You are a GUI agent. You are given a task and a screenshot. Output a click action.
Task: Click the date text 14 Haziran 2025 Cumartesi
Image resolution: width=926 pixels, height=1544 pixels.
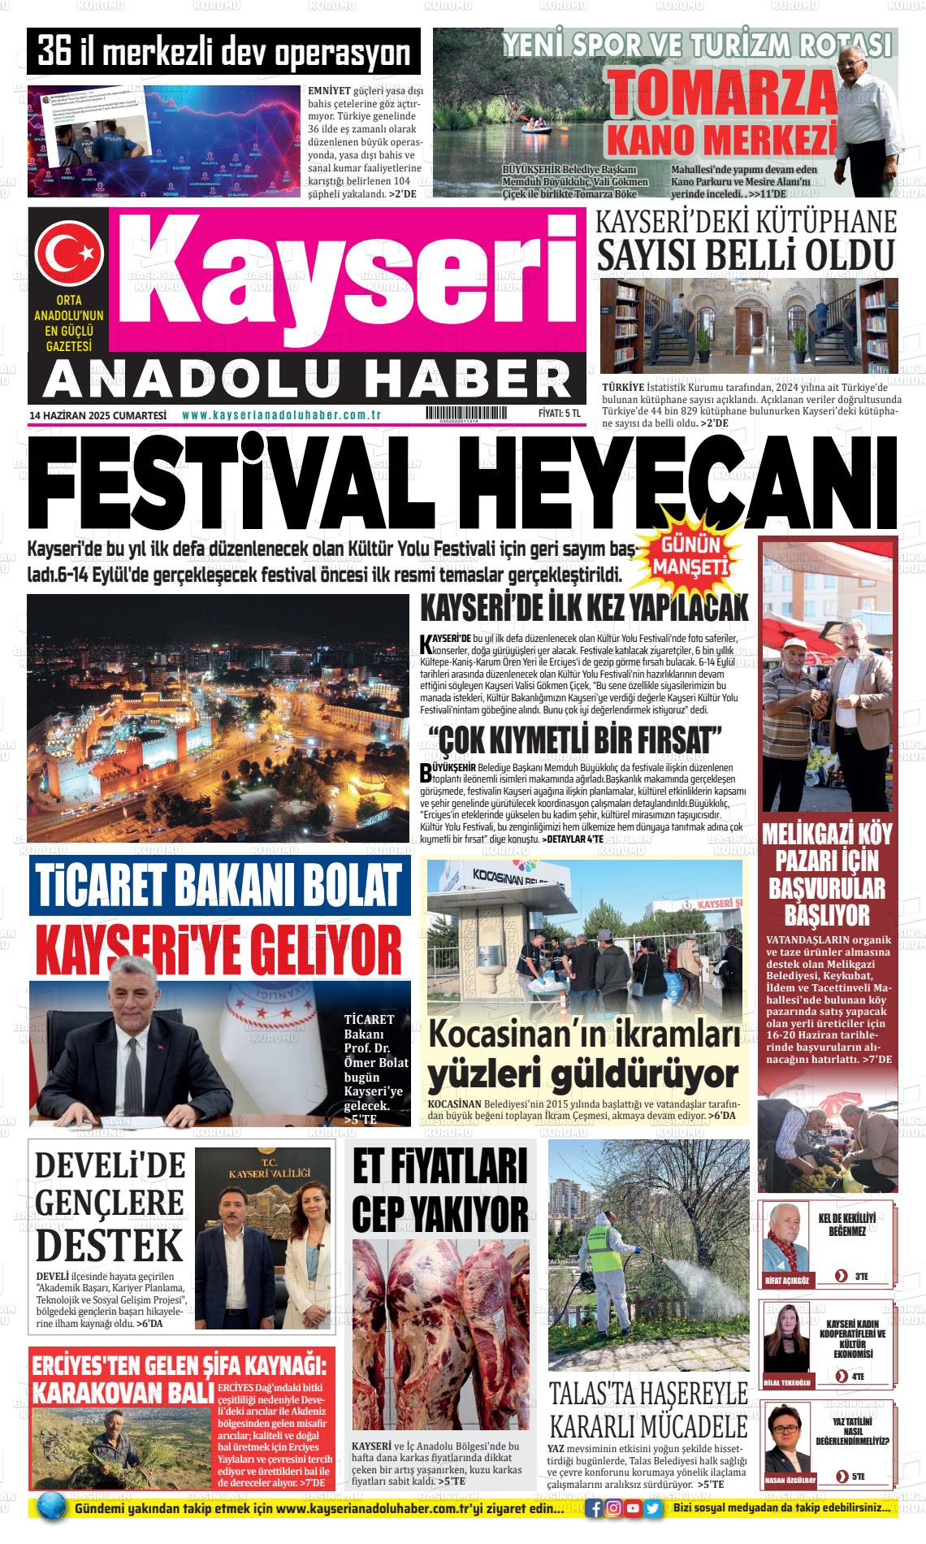tap(97, 415)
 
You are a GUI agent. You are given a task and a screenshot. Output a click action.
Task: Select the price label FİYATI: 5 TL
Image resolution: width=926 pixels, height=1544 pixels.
tap(560, 414)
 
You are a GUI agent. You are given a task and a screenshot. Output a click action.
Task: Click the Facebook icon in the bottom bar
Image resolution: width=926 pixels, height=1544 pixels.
tap(595, 1508)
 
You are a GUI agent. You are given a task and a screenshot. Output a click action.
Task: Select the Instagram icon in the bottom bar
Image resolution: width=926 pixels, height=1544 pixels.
tap(614, 1508)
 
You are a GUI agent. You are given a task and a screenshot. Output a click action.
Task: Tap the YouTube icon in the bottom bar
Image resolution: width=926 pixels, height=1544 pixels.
tap(634, 1508)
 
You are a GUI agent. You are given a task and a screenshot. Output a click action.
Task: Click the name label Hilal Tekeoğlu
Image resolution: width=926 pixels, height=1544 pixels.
tap(788, 1383)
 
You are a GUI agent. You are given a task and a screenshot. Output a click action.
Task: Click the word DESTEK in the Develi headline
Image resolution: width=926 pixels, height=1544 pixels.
tap(110, 1245)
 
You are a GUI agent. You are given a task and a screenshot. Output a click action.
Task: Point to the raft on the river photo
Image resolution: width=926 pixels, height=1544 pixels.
tap(535, 124)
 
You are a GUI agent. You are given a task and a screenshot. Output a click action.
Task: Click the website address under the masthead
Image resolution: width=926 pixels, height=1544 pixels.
tap(282, 415)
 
